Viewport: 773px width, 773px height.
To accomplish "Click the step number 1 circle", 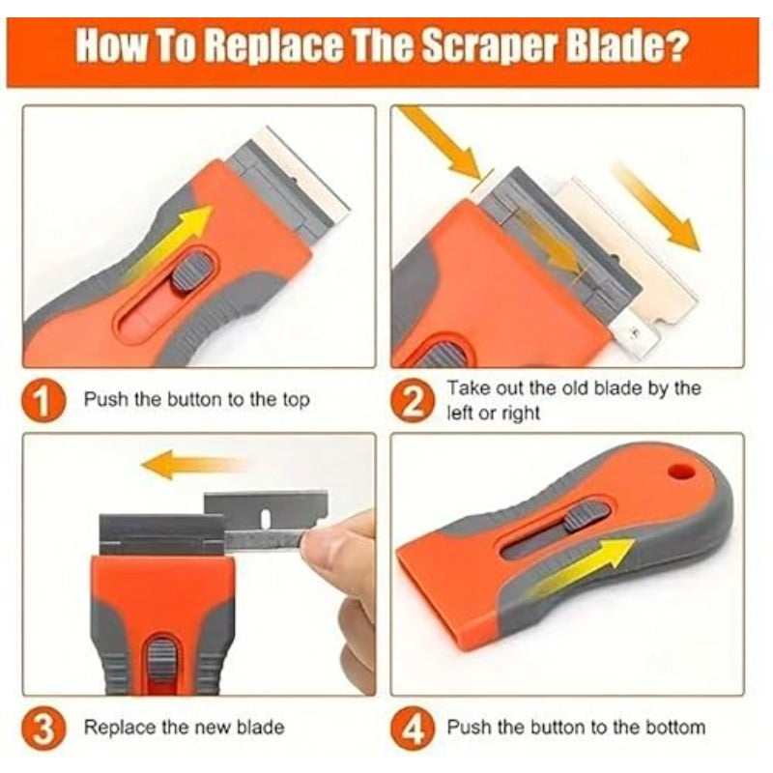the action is click(43, 399).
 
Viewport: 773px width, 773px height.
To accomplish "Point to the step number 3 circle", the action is click(43, 729).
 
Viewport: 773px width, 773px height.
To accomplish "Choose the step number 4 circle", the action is click(414, 729).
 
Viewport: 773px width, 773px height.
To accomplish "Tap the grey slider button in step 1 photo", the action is click(191, 272).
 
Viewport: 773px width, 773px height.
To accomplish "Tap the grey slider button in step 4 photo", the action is click(586, 516).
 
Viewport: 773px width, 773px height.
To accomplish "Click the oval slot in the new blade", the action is click(265, 518).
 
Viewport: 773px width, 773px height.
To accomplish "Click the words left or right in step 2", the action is click(493, 414).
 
